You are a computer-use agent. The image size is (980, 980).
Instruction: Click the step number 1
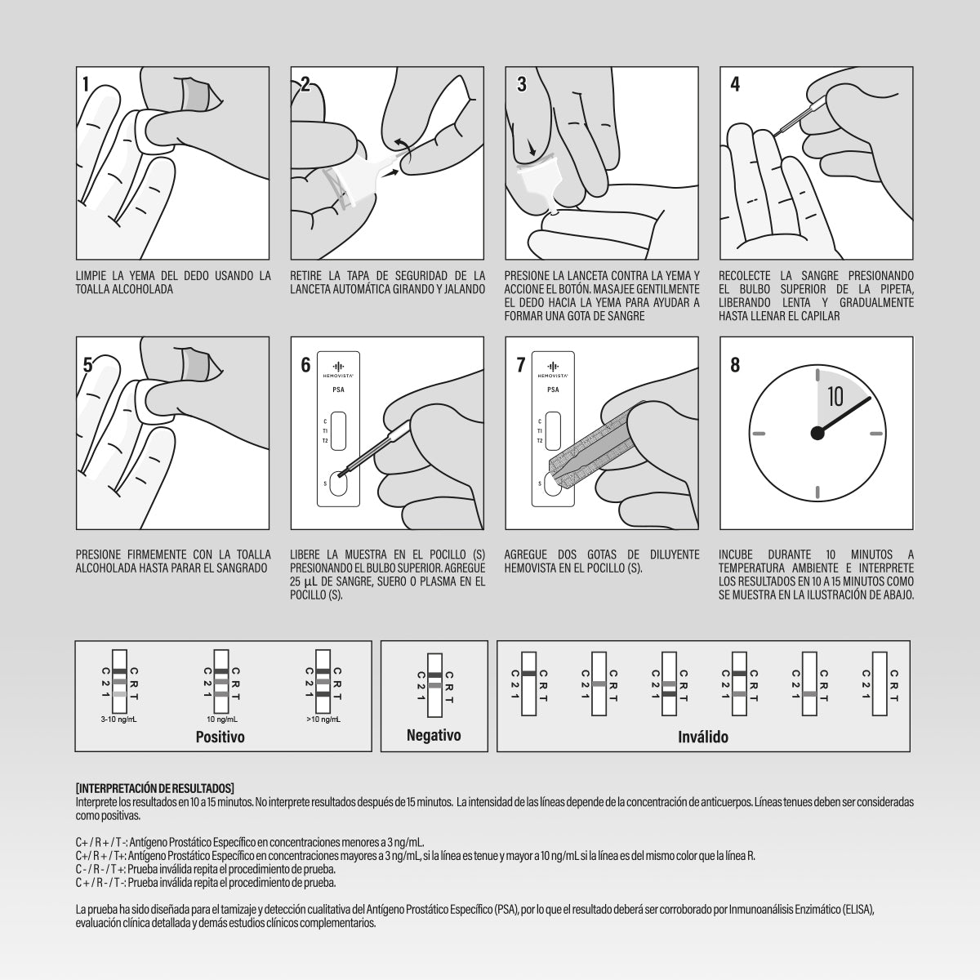(x=86, y=84)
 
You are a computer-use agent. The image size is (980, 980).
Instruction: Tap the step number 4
(x=735, y=84)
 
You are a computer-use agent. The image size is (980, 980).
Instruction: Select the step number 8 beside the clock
(x=735, y=364)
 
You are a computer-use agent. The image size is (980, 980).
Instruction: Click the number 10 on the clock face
(x=835, y=397)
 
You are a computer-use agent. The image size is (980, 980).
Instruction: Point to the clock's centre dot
(x=817, y=434)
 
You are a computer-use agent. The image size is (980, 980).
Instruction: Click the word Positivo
(x=220, y=737)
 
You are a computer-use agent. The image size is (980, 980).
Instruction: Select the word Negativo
(x=434, y=735)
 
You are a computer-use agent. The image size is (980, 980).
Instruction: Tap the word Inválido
(x=703, y=737)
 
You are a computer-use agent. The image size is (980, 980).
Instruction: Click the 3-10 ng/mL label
(x=119, y=719)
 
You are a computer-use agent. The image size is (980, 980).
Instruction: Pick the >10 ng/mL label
(x=323, y=719)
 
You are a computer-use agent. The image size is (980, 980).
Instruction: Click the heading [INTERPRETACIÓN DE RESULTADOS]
(x=155, y=788)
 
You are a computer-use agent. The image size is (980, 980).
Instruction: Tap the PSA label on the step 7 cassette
(x=553, y=390)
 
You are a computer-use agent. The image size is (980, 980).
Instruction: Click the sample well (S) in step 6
(x=338, y=483)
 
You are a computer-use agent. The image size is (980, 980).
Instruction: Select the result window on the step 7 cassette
(x=553, y=430)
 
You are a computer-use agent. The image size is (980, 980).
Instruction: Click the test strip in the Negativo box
(x=434, y=685)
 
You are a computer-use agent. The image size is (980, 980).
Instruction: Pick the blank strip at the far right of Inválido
(x=880, y=684)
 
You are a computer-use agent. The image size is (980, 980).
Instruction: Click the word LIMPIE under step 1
(x=91, y=276)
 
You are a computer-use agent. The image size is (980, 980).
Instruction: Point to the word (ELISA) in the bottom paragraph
(x=857, y=909)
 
